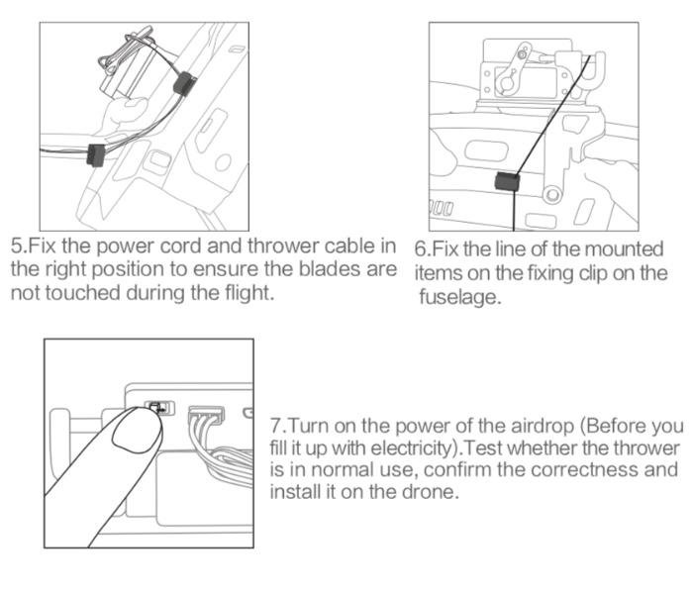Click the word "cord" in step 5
pos(181,247)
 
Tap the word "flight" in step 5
pos(249,293)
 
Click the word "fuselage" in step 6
pos(460,297)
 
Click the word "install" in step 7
pos(296,491)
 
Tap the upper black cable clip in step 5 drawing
pos(184,83)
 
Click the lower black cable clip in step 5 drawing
pos(96,155)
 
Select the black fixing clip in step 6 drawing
pos(507,182)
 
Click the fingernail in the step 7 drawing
pos(137,431)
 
